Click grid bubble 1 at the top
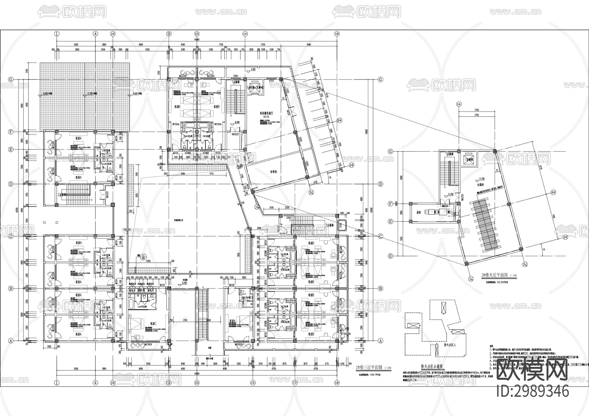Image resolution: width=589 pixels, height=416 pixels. tap(57, 33)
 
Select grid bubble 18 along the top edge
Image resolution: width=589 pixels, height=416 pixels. tap(337, 33)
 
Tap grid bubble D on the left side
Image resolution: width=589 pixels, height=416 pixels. tap(11, 184)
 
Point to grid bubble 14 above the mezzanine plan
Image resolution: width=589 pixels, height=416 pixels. tap(458, 104)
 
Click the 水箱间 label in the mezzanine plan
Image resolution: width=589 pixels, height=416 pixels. tap(480, 185)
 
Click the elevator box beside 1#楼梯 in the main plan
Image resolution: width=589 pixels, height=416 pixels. tap(254, 88)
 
